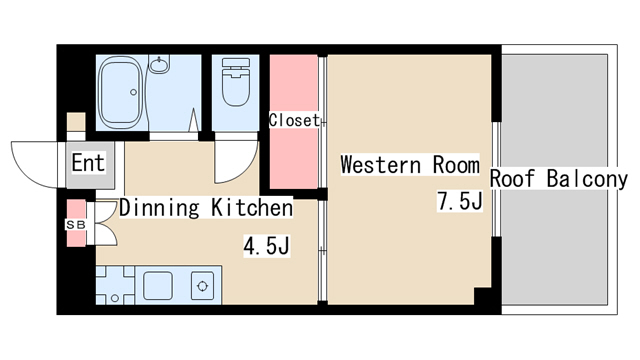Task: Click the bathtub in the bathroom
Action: [x=122, y=92]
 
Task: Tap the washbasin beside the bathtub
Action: [x=159, y=64]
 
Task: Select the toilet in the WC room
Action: [x=236, y=82]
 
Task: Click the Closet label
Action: [x=294, y=120]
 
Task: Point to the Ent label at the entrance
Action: [x=88, y=162]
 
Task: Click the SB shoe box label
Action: [x=76, y=225]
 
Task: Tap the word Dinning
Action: [x=159, y=208]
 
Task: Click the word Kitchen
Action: [x=252, y=207]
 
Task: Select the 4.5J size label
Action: [x=267, y=246]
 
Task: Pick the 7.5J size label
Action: [x=460, y=201]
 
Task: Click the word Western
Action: [x=380, y=164]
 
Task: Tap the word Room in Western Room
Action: [x=456, y=164]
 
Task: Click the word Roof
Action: [x=512, y=179]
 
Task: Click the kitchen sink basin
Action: [x=158, y=285]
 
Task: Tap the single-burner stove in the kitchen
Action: [x=202, y=286]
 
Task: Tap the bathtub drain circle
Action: [x=133, y=92]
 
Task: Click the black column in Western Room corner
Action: [x=483, y=296]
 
